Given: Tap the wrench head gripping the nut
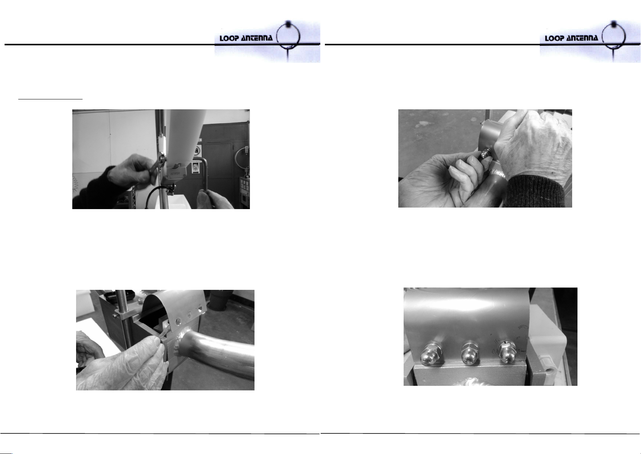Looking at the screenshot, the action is tap(162, 158).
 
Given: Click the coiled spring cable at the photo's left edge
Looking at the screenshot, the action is tap(76, 184).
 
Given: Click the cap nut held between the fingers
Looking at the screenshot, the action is tap(486, 154).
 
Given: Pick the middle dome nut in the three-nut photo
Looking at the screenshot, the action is tap(470, 353).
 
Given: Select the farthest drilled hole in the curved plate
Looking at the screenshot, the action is tap(200, 309).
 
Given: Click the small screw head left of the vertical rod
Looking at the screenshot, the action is tap(115, 316).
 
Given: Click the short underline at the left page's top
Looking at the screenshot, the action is tap(50, 99).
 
